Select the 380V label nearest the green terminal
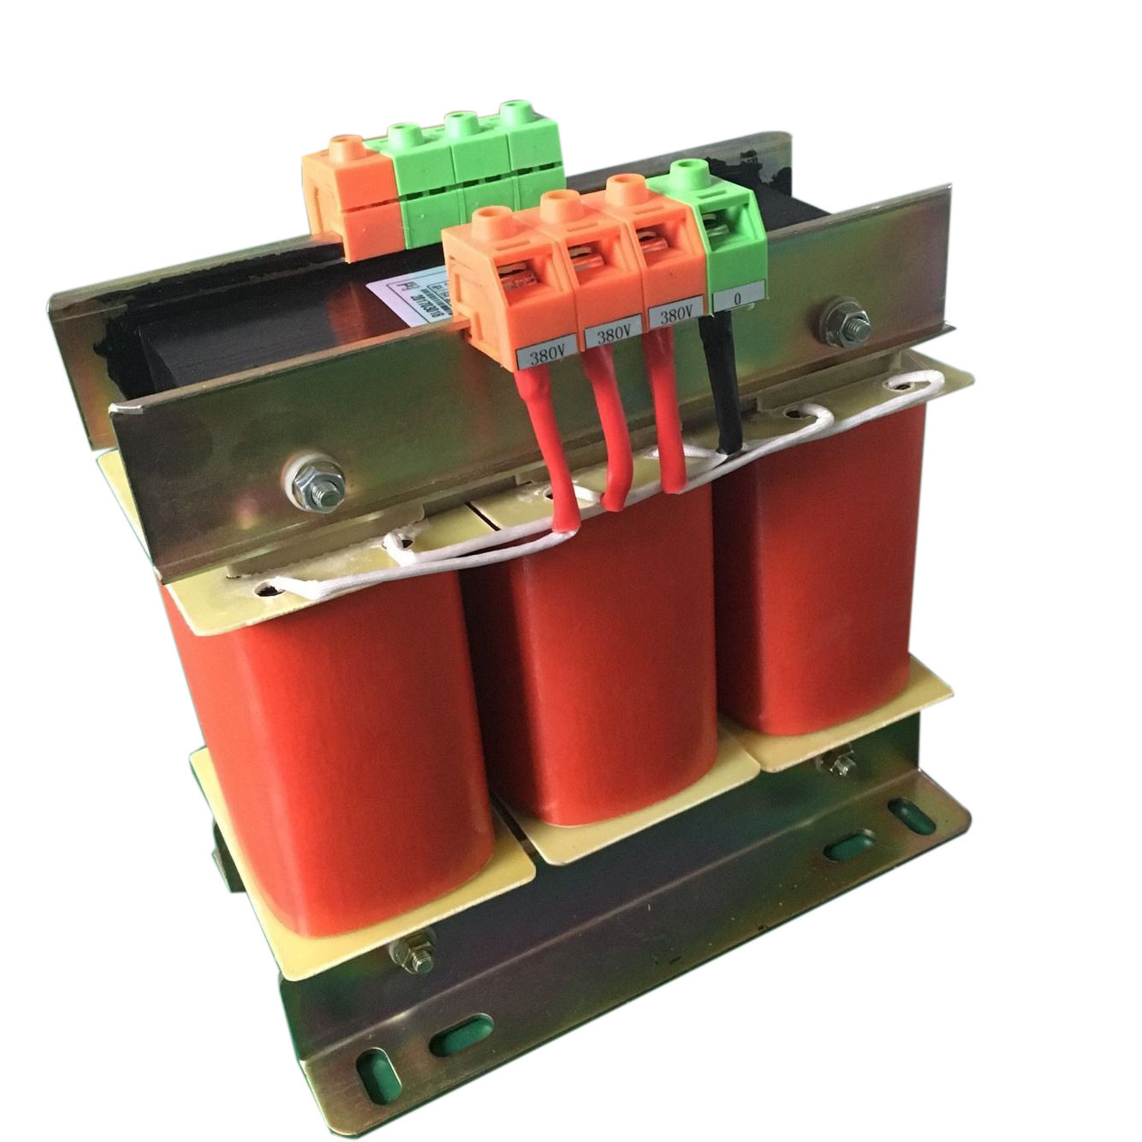(676, 314)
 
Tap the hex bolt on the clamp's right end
(843, 323)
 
